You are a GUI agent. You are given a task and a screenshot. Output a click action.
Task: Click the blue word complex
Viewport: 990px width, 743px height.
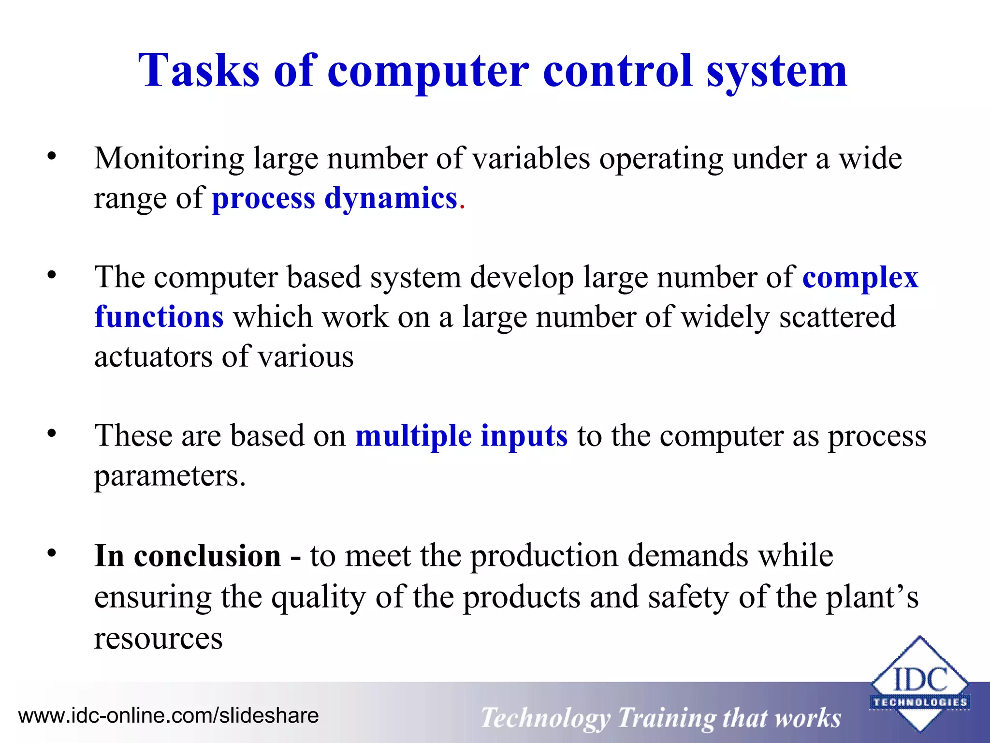pos(860,278)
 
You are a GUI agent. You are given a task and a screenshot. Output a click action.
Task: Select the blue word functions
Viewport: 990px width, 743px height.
pos(159,317)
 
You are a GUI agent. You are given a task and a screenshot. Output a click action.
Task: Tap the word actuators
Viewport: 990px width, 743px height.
pos(153,357)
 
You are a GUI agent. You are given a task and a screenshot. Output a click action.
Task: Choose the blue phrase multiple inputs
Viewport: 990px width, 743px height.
pos(461,436)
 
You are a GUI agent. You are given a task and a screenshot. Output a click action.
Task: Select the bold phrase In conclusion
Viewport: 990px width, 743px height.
pos(188,555)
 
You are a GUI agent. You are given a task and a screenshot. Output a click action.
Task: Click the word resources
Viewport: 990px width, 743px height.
pos(158,638)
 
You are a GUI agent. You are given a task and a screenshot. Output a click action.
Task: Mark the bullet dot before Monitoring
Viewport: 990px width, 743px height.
pos(52,156)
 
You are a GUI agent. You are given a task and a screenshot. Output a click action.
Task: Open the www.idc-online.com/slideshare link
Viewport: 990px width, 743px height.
pos(168,715)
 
